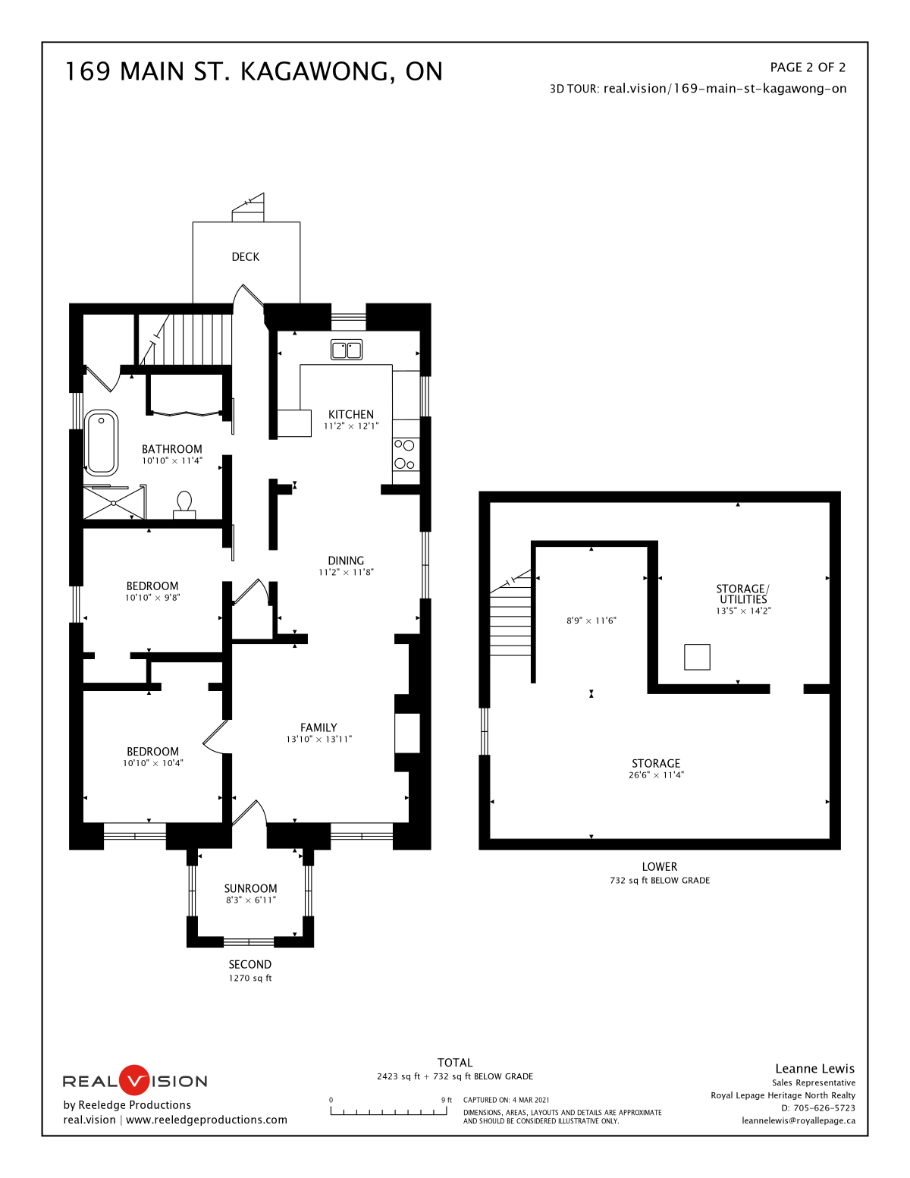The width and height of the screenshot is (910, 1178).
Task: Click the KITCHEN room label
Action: click(350, 414)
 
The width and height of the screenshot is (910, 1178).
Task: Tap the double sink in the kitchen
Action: click(347, 350)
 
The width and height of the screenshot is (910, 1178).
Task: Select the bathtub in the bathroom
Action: click(102, 441)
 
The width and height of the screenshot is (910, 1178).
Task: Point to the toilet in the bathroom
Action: click(184, 504)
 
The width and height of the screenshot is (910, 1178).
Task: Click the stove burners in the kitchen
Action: click(404, 454)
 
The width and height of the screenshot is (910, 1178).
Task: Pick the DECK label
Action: click(246, 257)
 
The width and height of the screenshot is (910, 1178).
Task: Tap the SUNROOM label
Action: click(250, 888)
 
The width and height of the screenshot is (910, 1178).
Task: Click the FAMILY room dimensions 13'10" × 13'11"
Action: click(319, 739)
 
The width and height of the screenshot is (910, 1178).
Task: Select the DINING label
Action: click(346, 561)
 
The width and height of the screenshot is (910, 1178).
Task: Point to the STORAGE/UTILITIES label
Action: click(742, 594)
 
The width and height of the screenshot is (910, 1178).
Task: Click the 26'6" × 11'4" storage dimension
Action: click(656, 774)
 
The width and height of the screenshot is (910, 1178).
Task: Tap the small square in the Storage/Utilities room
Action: click(697, 656)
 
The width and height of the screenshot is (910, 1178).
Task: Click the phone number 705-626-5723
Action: click(824, 1108)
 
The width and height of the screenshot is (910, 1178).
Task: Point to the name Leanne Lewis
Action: click(814, 1069)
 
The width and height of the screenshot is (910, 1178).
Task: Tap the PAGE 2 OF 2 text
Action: click(808, 68)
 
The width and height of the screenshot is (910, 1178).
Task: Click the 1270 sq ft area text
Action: click(249, 978)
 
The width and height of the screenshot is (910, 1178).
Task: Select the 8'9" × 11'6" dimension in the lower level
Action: click(591, 620)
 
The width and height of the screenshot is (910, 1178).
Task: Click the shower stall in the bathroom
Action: click(114, 503)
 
